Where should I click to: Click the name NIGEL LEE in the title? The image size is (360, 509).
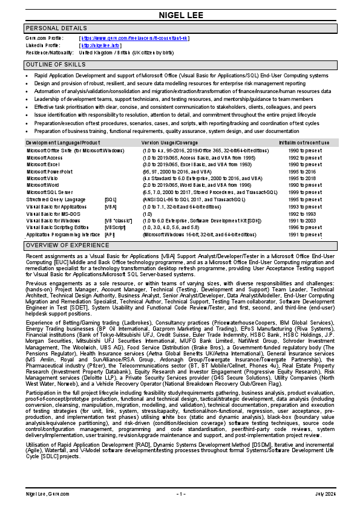pos(180,15)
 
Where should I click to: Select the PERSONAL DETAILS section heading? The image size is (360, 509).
pos(56,28)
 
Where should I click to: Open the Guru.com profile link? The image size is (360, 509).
pos(134,38)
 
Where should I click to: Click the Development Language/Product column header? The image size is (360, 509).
pos(63,142)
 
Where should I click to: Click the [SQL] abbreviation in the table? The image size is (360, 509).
pos(110,199)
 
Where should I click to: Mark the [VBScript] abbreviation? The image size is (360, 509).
pos(115,227)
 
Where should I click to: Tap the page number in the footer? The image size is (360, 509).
pos(180,494)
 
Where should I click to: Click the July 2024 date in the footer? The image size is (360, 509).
pos(325,494)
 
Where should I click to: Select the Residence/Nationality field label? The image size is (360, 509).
pos(51,53)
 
